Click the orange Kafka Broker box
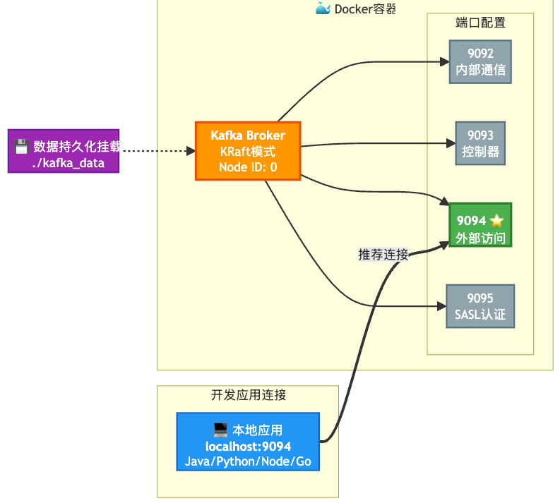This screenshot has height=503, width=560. click(248, 151)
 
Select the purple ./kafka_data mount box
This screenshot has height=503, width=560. click(64, 151)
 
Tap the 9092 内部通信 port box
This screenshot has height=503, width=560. click(480, 62)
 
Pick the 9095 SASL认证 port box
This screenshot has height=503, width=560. click(480, 306)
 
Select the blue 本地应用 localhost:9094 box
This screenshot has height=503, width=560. click(248, 442)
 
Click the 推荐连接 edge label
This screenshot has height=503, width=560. click(383, 254)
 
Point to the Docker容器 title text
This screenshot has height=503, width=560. click(365, 8)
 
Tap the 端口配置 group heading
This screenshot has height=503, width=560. click(480, 22)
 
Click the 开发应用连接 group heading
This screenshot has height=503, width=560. click(248, 395)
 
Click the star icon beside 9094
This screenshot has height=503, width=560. click(497, 221)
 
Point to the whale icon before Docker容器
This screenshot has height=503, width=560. click(323, 8)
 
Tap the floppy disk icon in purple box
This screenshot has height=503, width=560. click(21, 147)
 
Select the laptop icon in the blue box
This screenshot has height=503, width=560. click(220, 429)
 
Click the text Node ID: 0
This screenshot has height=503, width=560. click(248, 167)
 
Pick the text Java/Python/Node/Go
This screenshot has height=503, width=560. click(248, 461)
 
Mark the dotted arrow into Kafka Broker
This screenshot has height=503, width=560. click(155, 151)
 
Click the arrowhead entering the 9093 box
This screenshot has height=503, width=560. click(453, 143)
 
